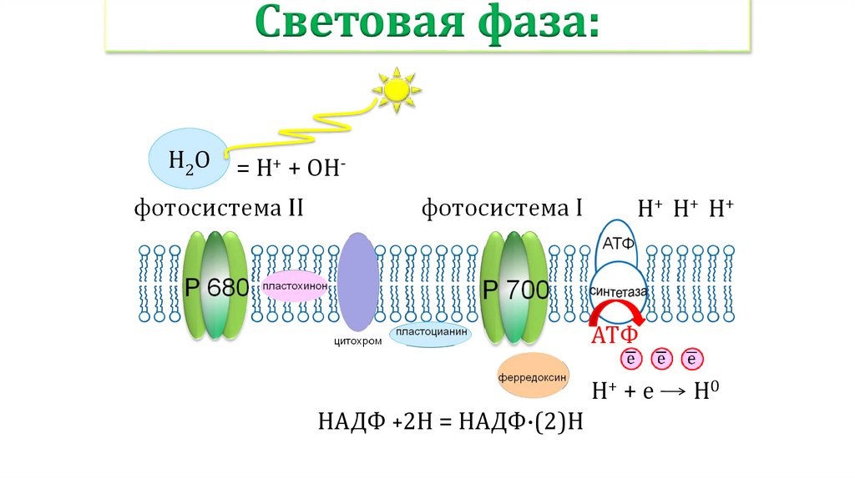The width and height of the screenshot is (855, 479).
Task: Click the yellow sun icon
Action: (x=396, y=88)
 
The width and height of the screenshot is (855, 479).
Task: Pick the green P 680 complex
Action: (x=215, y=286)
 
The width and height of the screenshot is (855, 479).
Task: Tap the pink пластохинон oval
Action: (x=294, y=287)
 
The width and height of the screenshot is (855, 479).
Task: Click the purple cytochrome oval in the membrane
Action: (x=358, y=281)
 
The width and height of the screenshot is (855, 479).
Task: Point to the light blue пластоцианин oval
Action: (x=431, y=335)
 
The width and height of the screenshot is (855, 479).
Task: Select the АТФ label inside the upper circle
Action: (x=619, y=242)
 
